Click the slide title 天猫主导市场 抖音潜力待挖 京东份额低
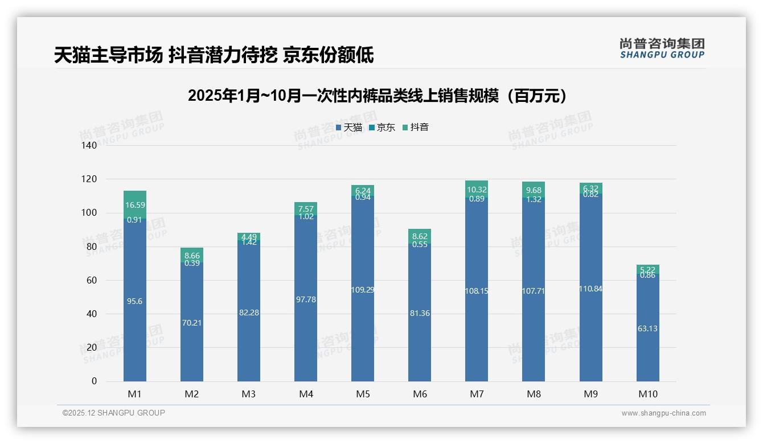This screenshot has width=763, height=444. coord(214,55)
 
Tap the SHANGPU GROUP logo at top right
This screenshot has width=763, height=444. coord(662,48)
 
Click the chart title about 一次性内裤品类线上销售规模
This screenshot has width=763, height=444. coord(378,96)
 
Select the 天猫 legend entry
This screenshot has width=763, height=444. coord(349,128)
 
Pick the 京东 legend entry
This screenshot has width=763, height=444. coord(382,128)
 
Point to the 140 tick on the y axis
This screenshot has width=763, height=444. coord(89,145)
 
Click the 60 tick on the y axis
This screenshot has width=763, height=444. coord(92,280)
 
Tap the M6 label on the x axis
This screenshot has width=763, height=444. coord(420,394)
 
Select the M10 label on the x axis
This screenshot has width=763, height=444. coord(647,394)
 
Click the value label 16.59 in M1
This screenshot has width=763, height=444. coord(135,205)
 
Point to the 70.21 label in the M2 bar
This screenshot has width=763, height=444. coord(192,323)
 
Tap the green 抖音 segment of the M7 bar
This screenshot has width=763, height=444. coord(477,186)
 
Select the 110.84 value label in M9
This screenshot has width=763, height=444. coord(590,289)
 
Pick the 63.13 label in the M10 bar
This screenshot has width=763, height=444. coord(647,328)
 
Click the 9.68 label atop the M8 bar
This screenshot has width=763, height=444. coord(534,190)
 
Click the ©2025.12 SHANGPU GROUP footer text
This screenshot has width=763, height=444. coord(114,413)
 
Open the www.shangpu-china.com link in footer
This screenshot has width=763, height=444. coord(663,413)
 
